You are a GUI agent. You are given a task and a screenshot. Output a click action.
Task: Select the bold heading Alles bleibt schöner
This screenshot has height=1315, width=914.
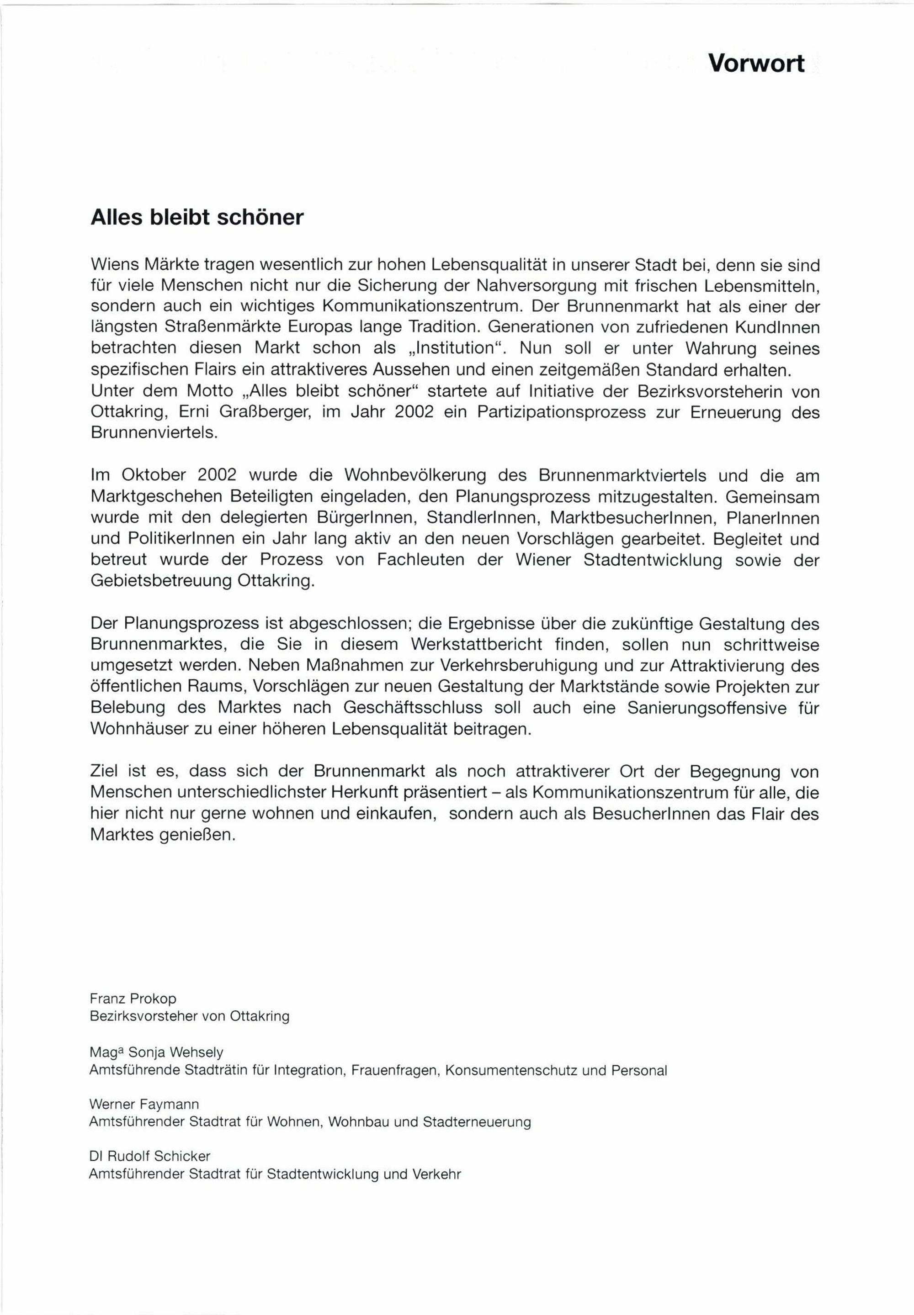tap(197, 218)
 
